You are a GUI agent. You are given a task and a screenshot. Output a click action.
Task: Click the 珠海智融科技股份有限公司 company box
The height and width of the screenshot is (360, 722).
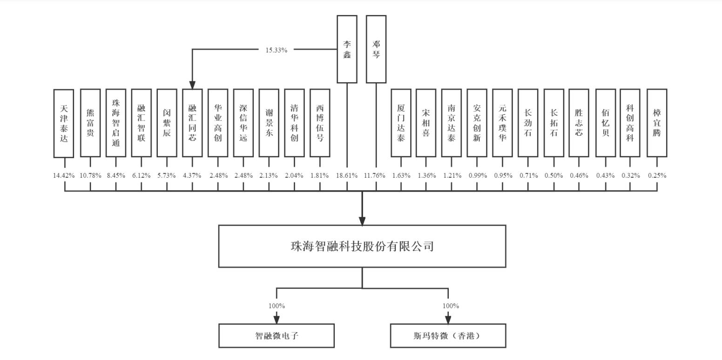tap(362, 246)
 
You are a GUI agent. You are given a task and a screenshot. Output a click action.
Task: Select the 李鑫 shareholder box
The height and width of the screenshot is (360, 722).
tap(347, 49)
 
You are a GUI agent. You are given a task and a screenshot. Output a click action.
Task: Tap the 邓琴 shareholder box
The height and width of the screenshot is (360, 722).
tap(376, 49)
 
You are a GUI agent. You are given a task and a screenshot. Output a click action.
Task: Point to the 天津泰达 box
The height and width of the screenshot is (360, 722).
tap(64, 123)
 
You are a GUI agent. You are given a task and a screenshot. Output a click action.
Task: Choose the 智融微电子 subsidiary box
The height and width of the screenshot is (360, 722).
tap(277, 335)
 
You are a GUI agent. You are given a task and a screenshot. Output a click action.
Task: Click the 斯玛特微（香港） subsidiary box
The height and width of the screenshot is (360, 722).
tap(448, 335)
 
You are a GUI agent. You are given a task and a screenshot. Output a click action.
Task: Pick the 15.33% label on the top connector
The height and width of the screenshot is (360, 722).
tap(277, 50)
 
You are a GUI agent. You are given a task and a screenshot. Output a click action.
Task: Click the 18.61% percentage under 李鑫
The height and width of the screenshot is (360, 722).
tap(347, 175)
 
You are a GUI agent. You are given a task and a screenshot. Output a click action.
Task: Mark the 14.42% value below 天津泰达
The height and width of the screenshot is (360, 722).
tap(64, 175)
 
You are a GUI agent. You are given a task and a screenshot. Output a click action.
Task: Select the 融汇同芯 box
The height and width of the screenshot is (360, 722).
tap(192, 123)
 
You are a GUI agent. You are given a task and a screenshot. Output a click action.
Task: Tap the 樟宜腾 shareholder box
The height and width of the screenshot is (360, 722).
tap(657, 123)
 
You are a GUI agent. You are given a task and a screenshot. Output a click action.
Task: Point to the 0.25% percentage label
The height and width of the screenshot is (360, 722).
tap(657, 175)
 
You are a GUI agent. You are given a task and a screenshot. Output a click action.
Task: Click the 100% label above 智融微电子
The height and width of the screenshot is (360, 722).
tap(277, 306)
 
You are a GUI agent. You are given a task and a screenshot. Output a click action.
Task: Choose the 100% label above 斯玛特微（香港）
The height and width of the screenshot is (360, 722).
tap(451, 306)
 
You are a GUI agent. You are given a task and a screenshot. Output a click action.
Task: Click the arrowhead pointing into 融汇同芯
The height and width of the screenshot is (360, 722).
tap(192, 84)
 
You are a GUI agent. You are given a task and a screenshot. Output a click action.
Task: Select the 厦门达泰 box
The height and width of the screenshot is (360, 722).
tap(401, 123)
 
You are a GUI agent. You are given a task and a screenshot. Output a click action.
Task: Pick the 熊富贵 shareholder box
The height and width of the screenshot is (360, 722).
tap(90, 123)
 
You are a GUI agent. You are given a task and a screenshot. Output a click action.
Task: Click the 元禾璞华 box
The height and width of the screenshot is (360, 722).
tap(502, 123)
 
